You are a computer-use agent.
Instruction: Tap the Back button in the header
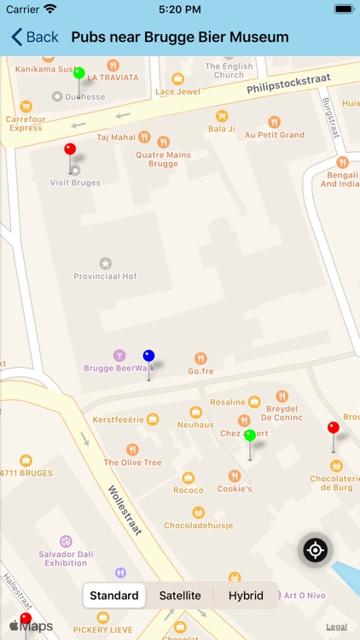point(35,37)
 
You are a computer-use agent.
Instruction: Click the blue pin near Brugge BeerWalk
point(148,357)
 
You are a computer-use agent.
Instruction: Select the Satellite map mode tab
point(180,596)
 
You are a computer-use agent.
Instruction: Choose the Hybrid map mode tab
point(246,596)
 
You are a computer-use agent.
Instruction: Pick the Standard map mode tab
point(114,596)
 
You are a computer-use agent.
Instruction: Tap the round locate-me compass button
point(316,550)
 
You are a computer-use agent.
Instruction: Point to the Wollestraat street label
point(124,510)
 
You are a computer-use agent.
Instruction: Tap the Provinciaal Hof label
point(106,276)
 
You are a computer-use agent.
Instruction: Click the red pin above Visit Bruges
point(70,150)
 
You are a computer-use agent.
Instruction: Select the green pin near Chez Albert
point(250,436)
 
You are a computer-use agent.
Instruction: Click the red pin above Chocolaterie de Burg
point(334,428)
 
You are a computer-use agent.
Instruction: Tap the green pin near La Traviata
point(78,73)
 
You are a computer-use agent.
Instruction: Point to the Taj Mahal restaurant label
point(117,137)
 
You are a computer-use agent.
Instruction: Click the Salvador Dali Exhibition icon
point(66,541)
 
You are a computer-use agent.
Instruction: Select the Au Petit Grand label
point(274,135)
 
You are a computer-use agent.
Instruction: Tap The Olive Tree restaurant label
point(132,463)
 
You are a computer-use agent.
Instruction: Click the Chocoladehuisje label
point(198,525)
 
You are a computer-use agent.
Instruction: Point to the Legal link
point(336,626)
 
